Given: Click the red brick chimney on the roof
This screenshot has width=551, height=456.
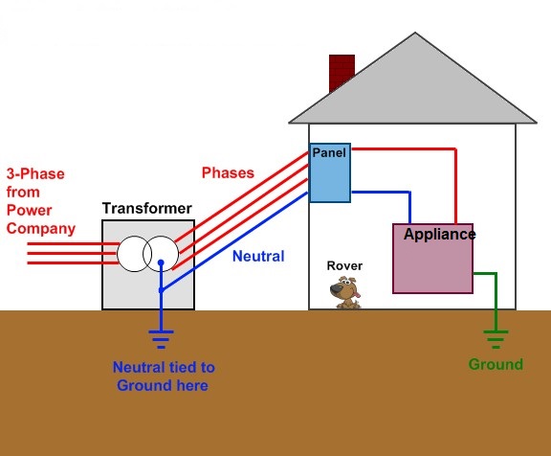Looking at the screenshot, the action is coord(342,72).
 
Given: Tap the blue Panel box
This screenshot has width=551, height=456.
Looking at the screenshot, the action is coord(330,172).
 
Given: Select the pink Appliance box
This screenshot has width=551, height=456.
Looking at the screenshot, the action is coord(433,259).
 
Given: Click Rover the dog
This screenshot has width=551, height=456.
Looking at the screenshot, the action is coord(345,293).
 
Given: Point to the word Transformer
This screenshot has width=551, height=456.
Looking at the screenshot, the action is coord(147,208).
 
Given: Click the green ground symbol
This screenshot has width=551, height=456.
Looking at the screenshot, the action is coord(496,339).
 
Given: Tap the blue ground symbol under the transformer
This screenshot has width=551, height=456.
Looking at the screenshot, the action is coord(161,339).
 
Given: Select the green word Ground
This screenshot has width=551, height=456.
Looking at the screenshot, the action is coord(496,364).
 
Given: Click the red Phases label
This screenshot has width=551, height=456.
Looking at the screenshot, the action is coord(228,172).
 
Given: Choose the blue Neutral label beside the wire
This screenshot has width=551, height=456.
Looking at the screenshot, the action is coord(258,256).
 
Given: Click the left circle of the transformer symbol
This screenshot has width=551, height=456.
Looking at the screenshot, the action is coord(134,254).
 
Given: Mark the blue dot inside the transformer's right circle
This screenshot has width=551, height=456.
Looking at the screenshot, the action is coord(161,262).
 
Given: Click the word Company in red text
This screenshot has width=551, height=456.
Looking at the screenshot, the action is coord(41,229).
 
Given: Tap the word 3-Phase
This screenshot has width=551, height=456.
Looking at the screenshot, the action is coord(35,173).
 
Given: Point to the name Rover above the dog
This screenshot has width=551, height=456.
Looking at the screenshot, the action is coord(344,265).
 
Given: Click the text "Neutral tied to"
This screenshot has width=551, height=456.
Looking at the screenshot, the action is coord(164,367).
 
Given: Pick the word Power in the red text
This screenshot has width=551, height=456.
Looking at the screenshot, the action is coord(29,211).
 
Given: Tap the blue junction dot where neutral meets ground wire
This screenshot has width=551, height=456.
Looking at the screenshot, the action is coord(161,290).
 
